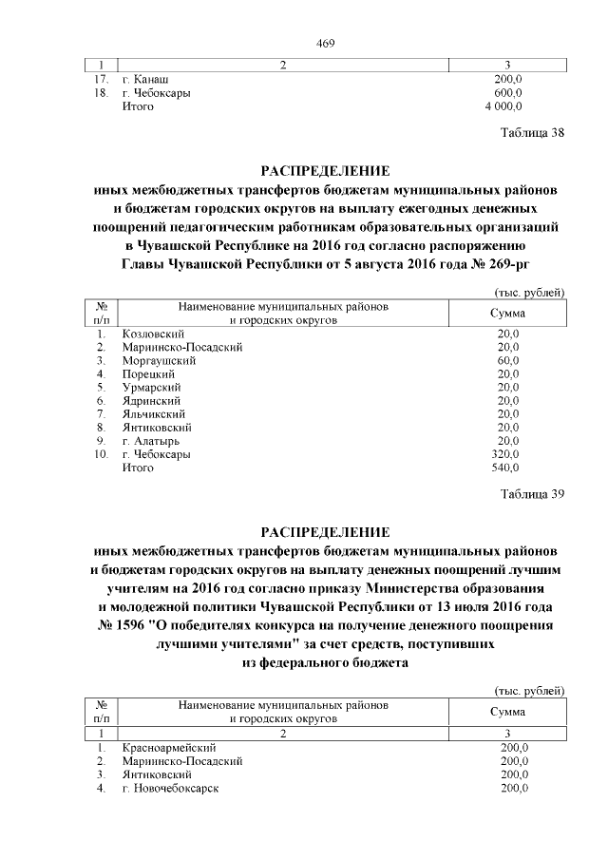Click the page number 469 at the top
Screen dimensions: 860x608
tap(328, 44)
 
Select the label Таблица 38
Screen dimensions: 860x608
tap(533, 133)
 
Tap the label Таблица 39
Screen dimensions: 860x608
tap(533, 494)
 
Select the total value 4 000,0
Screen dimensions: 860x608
tap(502, 107)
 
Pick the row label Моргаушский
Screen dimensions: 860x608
tap(159, 361)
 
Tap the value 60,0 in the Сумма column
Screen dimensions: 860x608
tap(508, 361)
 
